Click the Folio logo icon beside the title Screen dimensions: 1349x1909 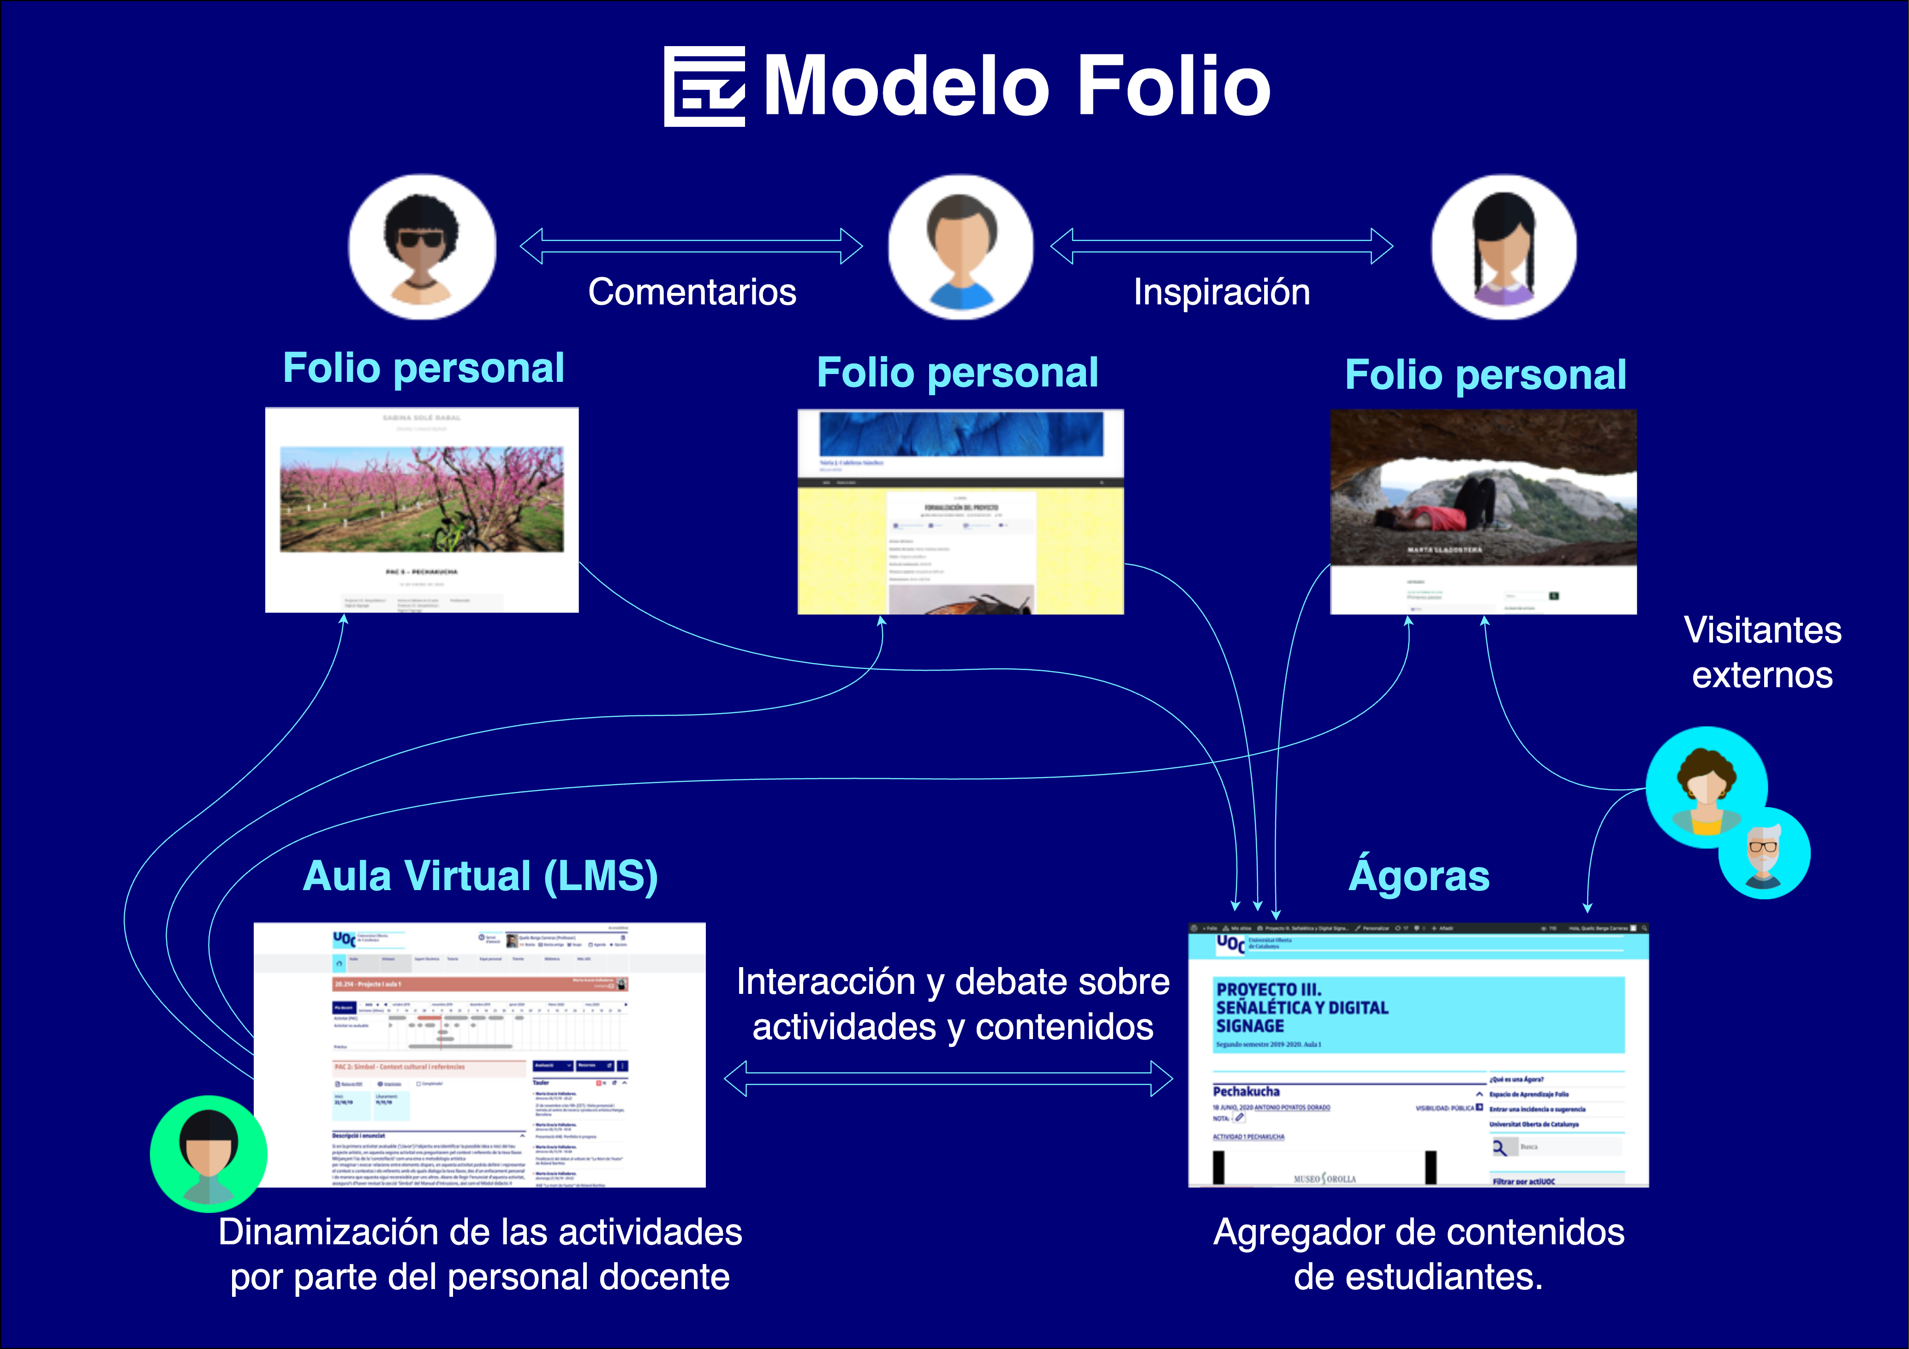point(704,86)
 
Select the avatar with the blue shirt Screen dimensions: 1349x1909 point(961,247)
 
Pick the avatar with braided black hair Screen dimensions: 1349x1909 point(1503,247)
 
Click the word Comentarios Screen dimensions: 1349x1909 point(692,292)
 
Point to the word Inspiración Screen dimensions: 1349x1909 point(1222,292)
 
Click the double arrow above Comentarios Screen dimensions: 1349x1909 point(692,246)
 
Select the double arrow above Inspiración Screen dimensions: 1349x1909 point(1222,246)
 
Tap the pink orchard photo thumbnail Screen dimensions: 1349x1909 point(422,499)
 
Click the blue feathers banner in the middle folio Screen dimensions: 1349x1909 point(961,434)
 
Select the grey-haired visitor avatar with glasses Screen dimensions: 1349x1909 point(1764,854)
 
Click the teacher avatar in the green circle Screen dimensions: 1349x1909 point(209,1153)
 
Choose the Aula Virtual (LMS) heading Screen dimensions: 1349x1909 point(480,876)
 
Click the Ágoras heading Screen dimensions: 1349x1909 point(1419,876)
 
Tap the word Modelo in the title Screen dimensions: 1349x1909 point(906,86)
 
